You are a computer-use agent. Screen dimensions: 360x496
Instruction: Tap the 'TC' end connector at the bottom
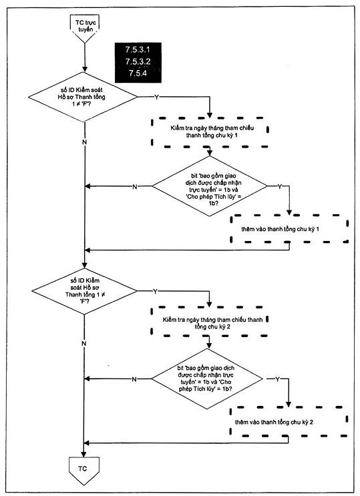(84, 470)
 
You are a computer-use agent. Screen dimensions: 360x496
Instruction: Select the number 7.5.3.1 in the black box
(138, 49)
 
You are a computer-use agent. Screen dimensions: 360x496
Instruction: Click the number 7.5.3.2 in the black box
(138, 61)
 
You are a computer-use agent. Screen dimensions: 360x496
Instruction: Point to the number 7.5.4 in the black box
(138, 73)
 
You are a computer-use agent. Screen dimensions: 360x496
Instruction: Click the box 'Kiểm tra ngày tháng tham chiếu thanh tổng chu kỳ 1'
(210, 132)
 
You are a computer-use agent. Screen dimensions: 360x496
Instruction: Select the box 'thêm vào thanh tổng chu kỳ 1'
(289, 229)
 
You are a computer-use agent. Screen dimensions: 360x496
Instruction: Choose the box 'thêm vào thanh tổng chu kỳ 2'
(289, 422)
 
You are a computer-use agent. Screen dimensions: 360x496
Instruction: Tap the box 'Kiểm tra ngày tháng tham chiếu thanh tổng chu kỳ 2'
(210, 321)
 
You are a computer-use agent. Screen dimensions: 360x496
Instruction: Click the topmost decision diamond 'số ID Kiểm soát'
(83, 97)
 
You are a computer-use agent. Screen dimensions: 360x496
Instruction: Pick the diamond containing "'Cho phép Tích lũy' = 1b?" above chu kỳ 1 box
(210, 186)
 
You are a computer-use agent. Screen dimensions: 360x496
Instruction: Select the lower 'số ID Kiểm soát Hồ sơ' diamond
(84, 291)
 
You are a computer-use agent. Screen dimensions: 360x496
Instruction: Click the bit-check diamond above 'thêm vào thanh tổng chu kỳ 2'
(208, 379)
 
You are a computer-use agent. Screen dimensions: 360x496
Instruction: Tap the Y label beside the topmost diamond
(156, 97)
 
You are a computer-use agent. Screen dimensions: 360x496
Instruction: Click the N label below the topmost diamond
(84, 142)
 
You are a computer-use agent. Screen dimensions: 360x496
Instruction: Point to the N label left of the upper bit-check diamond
(135, 187)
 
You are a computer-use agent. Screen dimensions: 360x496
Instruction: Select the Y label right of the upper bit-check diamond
(280, 186)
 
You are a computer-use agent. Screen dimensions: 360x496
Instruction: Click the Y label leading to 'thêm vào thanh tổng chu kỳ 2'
(277, 379)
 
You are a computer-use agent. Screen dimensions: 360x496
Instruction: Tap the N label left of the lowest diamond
(134, 379)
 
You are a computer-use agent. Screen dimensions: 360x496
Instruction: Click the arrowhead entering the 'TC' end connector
(84, 454)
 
